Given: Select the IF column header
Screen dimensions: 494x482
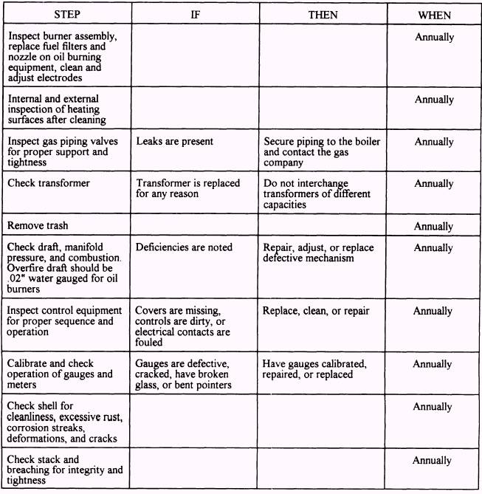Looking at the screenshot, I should click(x=195, y=14).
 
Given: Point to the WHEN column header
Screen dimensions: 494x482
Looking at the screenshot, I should click(x=434, y=14).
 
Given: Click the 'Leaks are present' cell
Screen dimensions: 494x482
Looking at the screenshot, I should click(x=174, y=141).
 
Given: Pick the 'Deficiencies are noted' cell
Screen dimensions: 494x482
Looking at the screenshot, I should click(x=184, y=247).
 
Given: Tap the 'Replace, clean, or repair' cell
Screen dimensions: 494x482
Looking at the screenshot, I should click(x=316, y=311).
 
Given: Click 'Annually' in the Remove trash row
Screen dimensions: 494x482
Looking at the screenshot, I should click(x=434, y=226).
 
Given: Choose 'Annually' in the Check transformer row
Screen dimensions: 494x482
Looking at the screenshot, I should click(x=434, y=184).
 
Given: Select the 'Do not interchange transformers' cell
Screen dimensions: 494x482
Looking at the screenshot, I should click(x=317, y=194).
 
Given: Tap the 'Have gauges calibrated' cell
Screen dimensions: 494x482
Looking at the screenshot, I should click(x=314, y=369).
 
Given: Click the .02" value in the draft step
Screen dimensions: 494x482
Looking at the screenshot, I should click(x=14, y=280).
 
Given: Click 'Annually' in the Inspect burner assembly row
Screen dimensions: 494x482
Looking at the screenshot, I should click(x=434, y=36).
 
